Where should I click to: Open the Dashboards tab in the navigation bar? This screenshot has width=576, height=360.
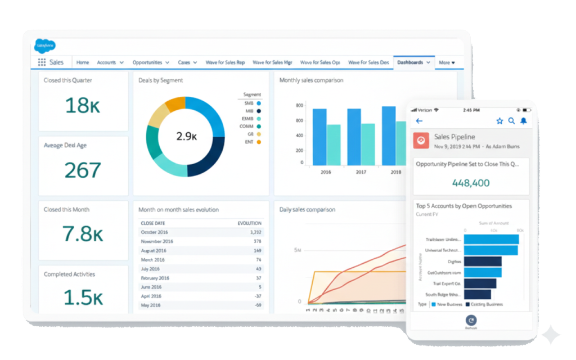pyautogui.click(x=410, y=62)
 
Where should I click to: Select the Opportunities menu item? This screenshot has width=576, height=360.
pyautogui.click(x=147, y=62)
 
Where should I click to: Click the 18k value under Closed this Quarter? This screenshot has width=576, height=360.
pyautogui.click(x=83, y=105)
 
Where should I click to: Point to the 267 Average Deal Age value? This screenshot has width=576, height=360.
pyautogui.click(x=83, y=170)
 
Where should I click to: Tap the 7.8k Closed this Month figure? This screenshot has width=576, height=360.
pyautogui.click(x=83, y=233)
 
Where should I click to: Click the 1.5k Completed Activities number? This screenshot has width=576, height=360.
pyautogui.click(x=83, y=297)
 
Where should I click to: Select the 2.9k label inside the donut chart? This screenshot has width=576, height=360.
pyautogui.click(x=186, y=136)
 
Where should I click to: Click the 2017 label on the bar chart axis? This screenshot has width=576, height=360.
pyautogui.click(x=361, y=172)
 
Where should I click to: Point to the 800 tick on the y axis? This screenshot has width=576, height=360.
pyautogui.click(x=299, y=105)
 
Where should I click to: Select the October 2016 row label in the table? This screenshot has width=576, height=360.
pyautogui.click(x=155, y=232)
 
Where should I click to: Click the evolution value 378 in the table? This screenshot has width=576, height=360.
pyautogui.click(x=257, y=241)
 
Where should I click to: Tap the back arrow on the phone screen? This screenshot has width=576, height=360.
pyautogui.click(x=419, y=121)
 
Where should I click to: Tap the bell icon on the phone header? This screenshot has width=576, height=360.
pyautogui.click(x=524, y=121)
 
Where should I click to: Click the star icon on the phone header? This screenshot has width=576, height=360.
pyautogui.click(x=499, y=121)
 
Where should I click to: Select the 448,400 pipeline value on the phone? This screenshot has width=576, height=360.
pyautogui.click(x=471, y=183)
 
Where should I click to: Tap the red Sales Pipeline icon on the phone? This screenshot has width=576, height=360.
pyautogui.click(x=421, y=140)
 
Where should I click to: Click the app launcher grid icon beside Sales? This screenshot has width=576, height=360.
pyautogui.click(x=42, y=62)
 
